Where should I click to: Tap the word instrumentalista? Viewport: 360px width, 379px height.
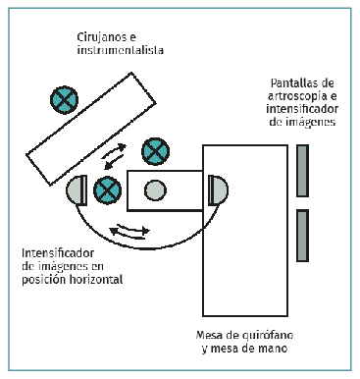coord(121,50)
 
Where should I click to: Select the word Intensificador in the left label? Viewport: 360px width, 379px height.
coord(58,253)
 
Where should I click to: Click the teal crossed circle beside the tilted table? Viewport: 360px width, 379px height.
coord(64,100)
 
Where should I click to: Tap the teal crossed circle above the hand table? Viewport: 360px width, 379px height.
coord(156,151)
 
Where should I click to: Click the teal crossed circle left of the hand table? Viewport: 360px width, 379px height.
coord(107,190)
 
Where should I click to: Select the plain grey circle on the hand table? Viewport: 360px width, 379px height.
coord(155,190)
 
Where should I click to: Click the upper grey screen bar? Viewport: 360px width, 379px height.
coord(302,171)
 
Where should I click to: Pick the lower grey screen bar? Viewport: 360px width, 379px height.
coord(302,236)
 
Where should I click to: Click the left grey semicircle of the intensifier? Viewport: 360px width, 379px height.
coord(77,190)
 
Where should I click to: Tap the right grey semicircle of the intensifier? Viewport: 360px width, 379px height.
coord(218,190)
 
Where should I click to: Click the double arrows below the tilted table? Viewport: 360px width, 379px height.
coord(113,156)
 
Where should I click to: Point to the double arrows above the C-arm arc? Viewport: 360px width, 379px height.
coord(129,231)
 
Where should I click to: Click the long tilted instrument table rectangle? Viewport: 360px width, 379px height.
coord(91,129)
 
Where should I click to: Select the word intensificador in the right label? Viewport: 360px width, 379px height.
coord(302,109)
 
